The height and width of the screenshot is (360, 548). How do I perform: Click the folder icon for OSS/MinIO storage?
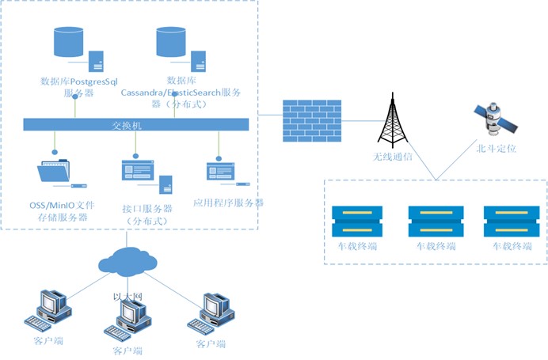click(54, 173)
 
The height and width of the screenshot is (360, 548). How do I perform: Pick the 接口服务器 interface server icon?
click(139, 172)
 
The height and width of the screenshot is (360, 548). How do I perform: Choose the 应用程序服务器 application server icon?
click(221, 169)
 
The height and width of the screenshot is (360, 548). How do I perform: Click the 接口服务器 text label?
click(147, 208)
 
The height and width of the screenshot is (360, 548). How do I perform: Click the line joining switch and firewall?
click(267, 119)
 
